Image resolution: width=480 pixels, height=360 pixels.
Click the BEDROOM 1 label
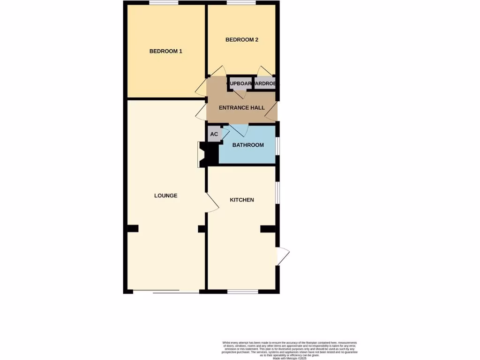(x=165, y=51)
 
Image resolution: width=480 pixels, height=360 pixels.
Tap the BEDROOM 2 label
(x=242, y=40)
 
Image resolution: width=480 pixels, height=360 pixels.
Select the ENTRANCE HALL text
(x=242, y=108)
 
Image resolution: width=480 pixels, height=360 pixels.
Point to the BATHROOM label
(x=248, y=145)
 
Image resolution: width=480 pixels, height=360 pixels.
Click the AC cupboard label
(x=214, y=135)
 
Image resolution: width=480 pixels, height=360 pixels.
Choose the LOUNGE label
(x=165, y=195)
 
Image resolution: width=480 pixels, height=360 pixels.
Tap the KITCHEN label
(x=242, y=200)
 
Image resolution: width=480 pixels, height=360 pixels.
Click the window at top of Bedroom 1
(x=164, y=3)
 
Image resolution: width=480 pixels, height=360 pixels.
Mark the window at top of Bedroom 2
(x=241, y=3)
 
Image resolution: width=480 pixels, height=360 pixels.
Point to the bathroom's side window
(x=277, y=145)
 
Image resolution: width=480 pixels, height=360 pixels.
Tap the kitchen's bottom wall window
(x=243, y=292)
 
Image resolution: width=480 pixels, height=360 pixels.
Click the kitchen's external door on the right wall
(x=283, y=255)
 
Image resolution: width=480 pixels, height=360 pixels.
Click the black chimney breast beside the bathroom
(x=209, y=155)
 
